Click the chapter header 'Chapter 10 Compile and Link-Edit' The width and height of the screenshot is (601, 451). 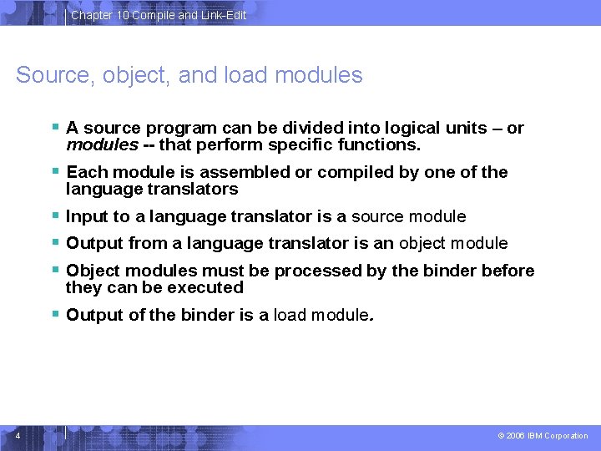(159, 15)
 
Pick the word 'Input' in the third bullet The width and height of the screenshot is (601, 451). (86, 216)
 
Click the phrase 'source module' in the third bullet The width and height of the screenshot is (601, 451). (408, 216)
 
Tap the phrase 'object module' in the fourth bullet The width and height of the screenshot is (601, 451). (453, 243)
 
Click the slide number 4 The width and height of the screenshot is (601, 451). (18, 435)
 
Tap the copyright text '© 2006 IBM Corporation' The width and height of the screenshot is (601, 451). (542, 436)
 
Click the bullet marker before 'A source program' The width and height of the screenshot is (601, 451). (55, 128)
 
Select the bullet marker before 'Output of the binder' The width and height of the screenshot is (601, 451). (55, 315)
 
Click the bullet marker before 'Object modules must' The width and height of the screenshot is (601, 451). (55, 271)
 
